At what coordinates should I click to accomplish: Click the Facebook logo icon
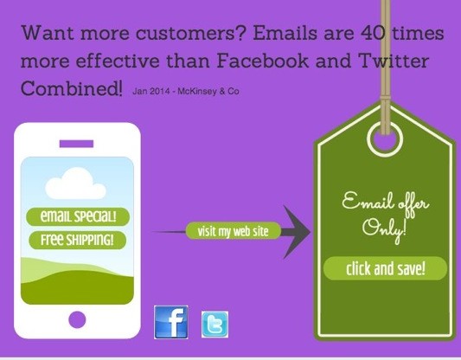171,322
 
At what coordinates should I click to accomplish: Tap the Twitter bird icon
214,325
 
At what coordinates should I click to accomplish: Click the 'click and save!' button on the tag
385,268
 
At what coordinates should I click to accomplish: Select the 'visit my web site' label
234,231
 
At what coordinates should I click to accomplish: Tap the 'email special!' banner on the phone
78,216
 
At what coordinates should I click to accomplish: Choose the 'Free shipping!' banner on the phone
77,240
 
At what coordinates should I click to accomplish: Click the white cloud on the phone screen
75,183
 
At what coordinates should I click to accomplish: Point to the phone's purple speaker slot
76,144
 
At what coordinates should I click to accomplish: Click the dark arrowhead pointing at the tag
297,232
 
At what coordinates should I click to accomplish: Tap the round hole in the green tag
385,138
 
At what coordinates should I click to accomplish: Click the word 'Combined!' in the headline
72,87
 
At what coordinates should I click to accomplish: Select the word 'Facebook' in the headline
263,61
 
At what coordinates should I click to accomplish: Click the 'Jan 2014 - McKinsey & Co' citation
186,91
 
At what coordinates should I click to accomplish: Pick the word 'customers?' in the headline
190,33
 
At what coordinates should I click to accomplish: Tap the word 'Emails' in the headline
285,32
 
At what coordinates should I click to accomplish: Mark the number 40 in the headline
373,32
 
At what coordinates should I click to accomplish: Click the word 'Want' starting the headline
47,32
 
